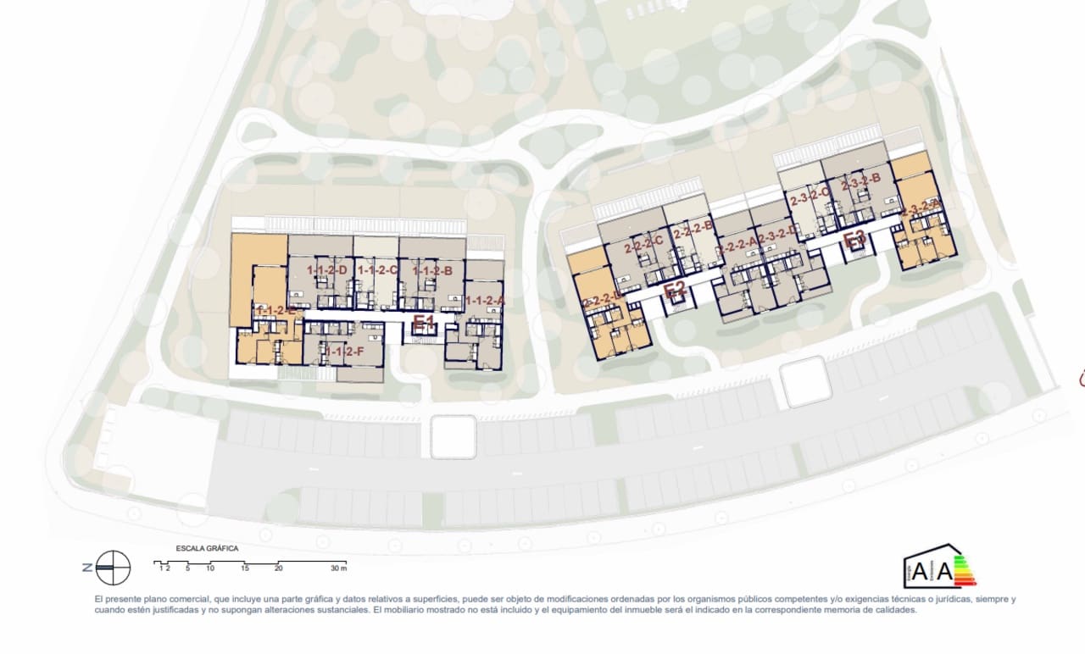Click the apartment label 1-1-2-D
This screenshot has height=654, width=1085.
click(x=327, y=270)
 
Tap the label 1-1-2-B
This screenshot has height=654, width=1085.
click(x=431, y=271)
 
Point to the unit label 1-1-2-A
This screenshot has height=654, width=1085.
click(x=485, y=300)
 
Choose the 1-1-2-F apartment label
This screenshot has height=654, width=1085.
click(x=343, y=351)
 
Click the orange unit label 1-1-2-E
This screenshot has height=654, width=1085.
click(x=276, y=311)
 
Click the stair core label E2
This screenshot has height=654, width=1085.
click(x=675, y=291)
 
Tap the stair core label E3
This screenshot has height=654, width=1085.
click(x=854, y=241)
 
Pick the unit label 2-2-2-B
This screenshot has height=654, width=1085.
click(x=691, y=229)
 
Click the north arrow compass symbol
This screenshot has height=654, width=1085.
click(x=113, y=568)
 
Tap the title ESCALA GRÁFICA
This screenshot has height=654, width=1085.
click(x=207, y=548)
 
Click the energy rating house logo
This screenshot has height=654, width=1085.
click(x=939, y=566)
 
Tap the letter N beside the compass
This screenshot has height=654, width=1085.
click(x=86, y=568)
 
